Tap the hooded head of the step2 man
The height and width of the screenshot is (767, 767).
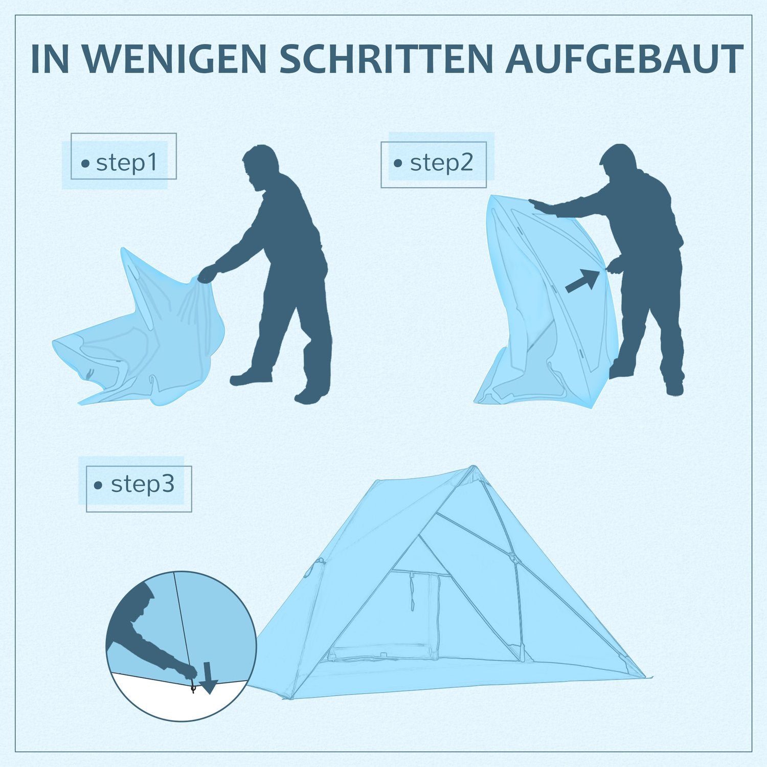click(619, 165)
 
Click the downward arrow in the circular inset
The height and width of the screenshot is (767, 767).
click(208, 678)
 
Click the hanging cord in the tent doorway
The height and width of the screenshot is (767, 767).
click(411, 591)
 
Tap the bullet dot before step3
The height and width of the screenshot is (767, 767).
click(98, 485)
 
